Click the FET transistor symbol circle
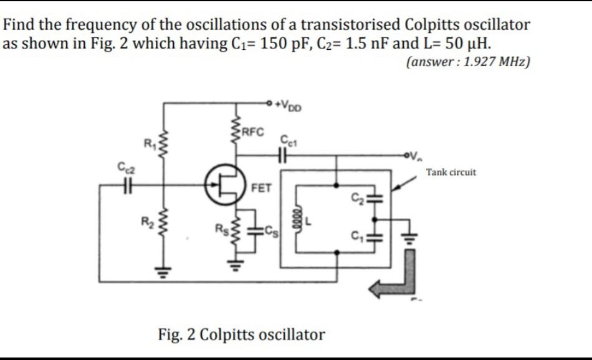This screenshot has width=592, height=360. coord(224,184)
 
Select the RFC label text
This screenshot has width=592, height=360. coord(254,131)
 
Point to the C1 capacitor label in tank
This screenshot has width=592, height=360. coord(356,237)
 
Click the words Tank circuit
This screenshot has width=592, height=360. coord(451,172)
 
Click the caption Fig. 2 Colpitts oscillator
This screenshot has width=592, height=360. coord(242,334)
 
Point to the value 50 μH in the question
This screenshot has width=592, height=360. coord(457,44)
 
